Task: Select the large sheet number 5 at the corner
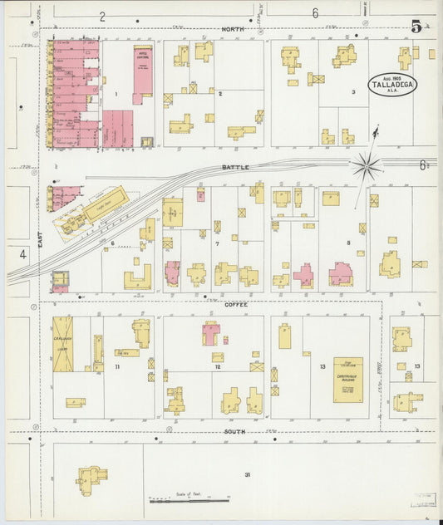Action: click(x=416, y=25)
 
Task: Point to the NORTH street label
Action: click(x=233, y=29)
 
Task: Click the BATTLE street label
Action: click(x=235, y=167)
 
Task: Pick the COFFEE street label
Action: click(x=236, y=305)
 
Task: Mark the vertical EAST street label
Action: click(x=39, y=238)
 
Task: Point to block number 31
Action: click(x=247, y=474)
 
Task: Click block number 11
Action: click(x=117, y=366)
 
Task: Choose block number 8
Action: click(x=349, y=243)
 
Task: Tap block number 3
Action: click(x=353, y=91)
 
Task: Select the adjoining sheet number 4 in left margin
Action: click(x=23, y=255)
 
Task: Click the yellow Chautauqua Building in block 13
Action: click(x=347, y=380)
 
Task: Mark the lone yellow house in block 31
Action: click(x=91, y=478)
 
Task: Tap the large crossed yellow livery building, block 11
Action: click(x=63, y=343)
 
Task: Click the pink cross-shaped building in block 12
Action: click(x=211, y=333)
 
